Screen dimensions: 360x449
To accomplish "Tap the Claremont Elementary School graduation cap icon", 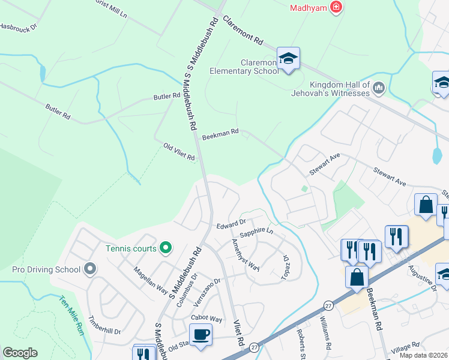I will (x=289, y=58).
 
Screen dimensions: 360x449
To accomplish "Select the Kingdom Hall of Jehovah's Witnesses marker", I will (x=379, y=89).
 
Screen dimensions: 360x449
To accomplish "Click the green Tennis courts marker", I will (x=166, y=247).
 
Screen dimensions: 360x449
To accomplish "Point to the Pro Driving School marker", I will (x=90, y=268).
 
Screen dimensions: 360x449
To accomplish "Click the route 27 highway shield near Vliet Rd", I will (x=255, y=347).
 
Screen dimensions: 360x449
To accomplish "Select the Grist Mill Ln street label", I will (x=112, y=8).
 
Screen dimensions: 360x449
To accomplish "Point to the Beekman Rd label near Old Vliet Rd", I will (x=220, y=133).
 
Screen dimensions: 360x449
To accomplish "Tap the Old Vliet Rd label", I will (x=179, y=152).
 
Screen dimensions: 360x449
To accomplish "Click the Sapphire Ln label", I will (x=256, y=232).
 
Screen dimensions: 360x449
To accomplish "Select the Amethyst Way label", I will (x=246, y=254).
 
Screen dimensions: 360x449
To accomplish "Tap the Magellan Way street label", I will (x=150, y=280).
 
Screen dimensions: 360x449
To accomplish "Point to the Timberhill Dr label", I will (x=104, y=325).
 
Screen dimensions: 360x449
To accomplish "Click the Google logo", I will (x=20, y=352).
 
